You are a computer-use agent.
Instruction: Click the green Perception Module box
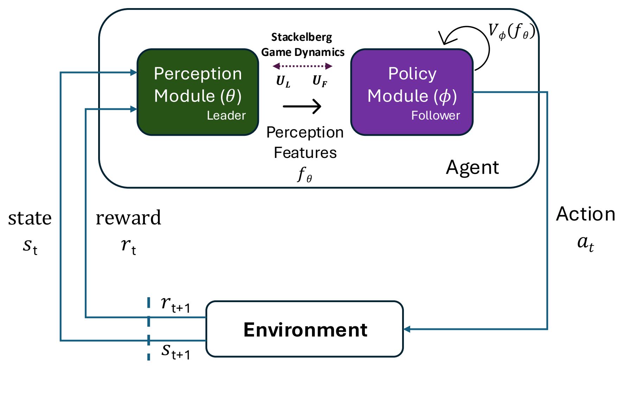pyautogui.click(x=198, y=92)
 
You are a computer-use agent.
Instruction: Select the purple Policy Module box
pyautogui.click(x=412, y=92)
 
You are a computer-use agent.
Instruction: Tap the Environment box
pyautogui.click(x=305, y=329)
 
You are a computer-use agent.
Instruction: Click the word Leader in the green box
pyautogui.click(x=226, y=115)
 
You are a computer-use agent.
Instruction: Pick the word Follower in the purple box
pyautogui.click(x=436, y=115)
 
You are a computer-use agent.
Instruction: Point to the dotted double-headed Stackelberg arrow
pyautogui.click(x=303, y=66)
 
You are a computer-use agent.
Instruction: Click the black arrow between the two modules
pyautogui.click(x=302, y=106)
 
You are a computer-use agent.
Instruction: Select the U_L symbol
pyautogui.click(x=283, y=81)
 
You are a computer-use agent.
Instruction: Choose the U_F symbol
pyautogui.click(x=320, y=81)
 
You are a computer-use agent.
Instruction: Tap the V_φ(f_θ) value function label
pyautogui.click(x=512, y=31)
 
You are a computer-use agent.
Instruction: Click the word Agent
pyautogui.click(x=472, y=167)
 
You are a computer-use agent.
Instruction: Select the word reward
pyautogui.click(x=128, y=218)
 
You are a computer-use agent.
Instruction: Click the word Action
pyautogui.click(x=585, y=214)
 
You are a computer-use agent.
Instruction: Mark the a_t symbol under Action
pyautogui.click(x=585, y=243)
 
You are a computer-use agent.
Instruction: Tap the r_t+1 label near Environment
pyautogui.click(x=175, y=304)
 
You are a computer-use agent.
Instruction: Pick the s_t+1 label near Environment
pyautogui.click(x=176, y=351)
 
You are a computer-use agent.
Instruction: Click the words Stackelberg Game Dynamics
pyautogui.click(x=303, y=45)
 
